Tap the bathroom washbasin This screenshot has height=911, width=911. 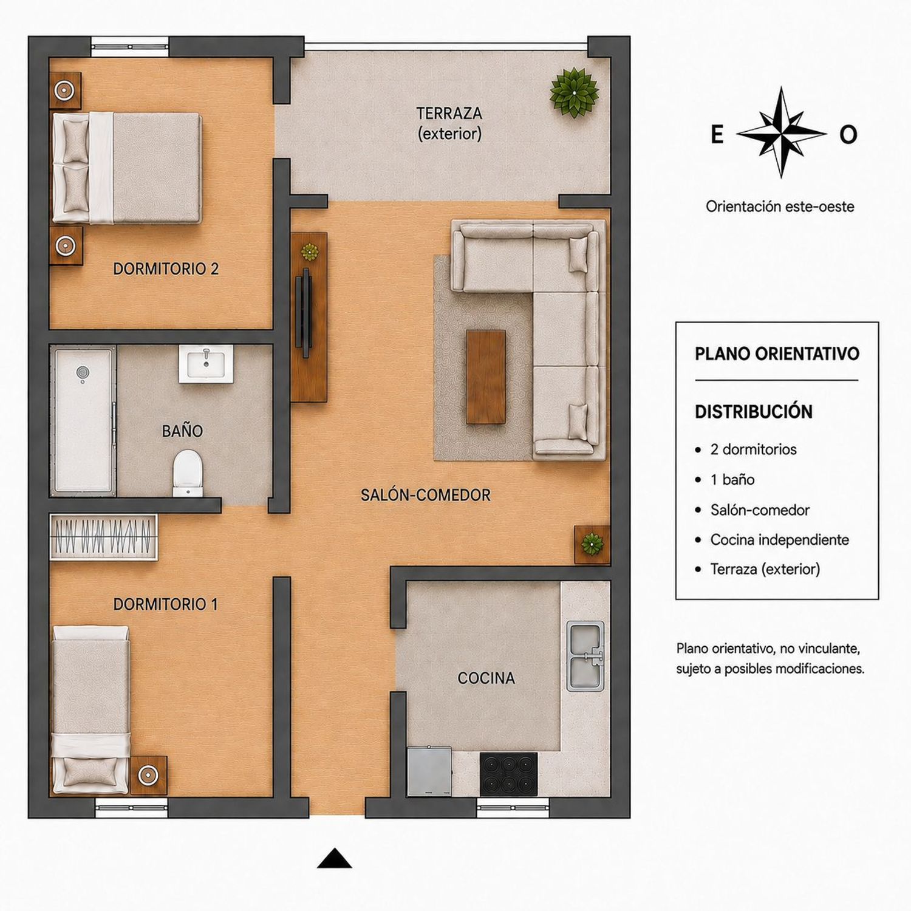point(206,364)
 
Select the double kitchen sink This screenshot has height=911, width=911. point(585,656)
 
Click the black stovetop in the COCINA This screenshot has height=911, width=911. point(508,774)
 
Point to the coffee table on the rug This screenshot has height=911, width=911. point(486,377)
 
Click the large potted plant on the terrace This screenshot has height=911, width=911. point(574,92)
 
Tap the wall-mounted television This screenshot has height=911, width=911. point(305,312)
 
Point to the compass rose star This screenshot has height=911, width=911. point(781,132)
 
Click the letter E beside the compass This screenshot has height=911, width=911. point(717,134)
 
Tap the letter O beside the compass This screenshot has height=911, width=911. point(848,134)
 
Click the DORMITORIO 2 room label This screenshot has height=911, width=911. point(166,268)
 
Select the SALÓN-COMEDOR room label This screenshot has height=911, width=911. point(426,495)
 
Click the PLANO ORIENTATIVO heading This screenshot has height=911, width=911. point(777,353)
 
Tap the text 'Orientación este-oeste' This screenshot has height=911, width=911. point(780,206)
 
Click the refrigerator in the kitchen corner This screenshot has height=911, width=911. point(429,771)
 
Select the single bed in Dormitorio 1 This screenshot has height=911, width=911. point(90,709)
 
